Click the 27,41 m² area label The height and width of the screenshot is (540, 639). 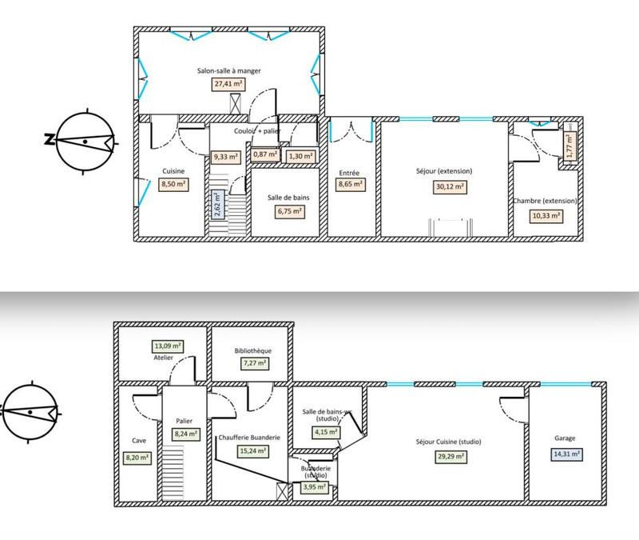[x=228, y=83]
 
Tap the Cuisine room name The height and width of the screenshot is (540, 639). [x=173, y=171]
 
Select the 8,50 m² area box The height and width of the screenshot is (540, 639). [x=173, y=183]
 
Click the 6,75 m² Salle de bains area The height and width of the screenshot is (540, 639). [x=289, y=211]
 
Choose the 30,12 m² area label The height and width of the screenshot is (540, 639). [x=444, y=186]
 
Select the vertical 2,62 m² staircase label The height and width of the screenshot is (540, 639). [x=216, y=204]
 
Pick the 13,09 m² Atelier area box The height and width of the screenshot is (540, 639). [x=167, y=347]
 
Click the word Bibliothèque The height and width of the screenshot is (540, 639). [x=253, y=350]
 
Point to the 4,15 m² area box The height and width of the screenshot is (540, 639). [x=325, y=432]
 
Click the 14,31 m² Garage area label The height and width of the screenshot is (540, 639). [x=566, y=453]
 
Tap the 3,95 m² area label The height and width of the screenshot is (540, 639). [x=315, y=486]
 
